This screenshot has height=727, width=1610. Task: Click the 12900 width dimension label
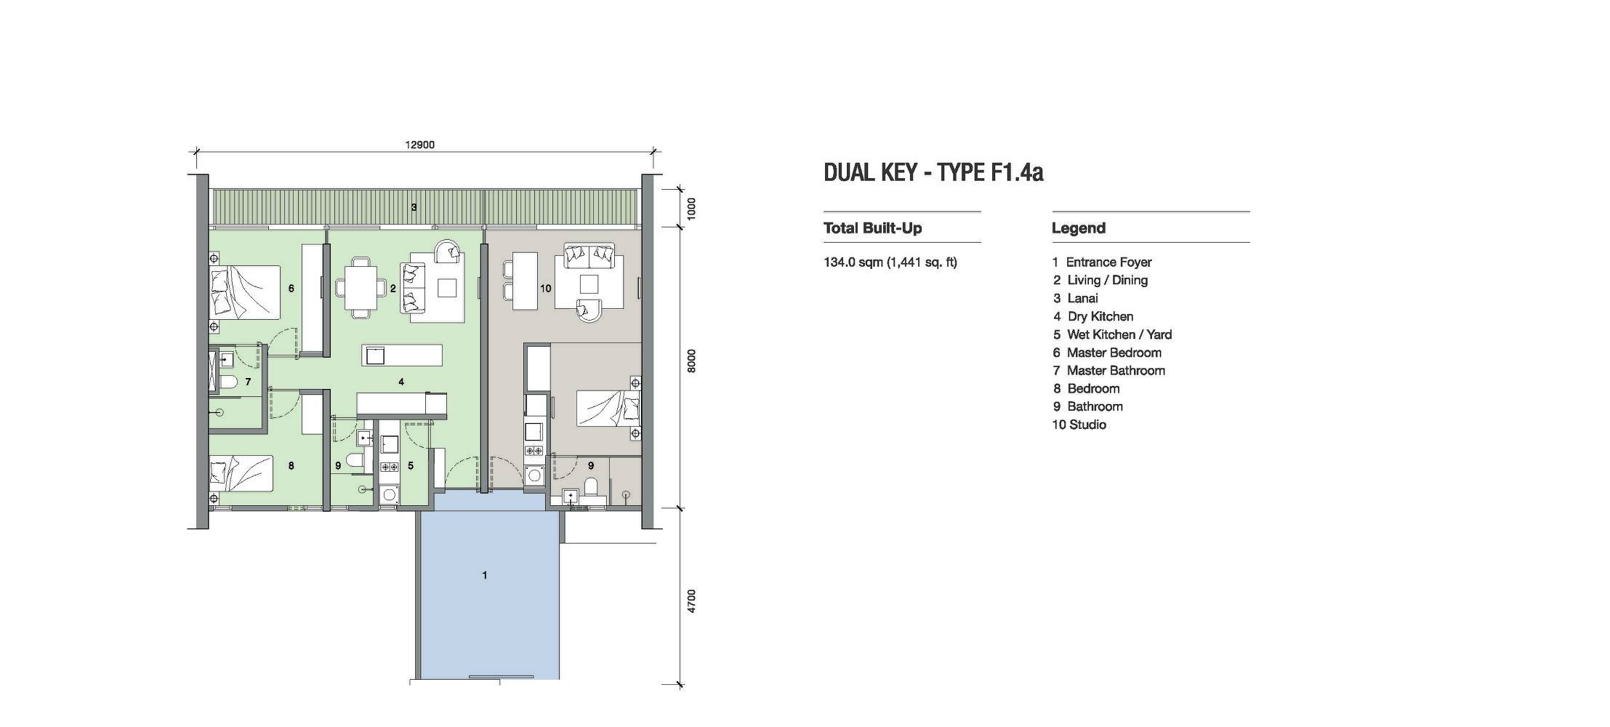point(420,145)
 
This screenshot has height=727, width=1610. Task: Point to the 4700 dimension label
point(691,601)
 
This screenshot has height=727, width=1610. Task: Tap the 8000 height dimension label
point(691,361)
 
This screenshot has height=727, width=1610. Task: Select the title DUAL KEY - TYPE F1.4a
point(933,172)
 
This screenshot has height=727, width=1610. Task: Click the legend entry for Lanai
point(1076,298)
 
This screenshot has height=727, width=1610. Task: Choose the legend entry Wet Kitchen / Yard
point(1112,334)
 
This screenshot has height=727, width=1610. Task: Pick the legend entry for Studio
point(1079,425)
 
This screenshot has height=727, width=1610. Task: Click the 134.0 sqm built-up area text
point(890,262)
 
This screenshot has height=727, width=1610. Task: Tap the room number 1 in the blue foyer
point(485,575)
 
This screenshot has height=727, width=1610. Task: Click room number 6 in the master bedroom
point(291,289)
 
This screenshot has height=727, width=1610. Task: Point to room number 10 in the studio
point(545,289)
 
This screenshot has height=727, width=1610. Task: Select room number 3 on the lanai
point(414,207)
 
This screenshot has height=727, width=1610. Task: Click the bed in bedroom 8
point(241,473)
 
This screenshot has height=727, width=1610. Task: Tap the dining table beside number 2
point(361,288)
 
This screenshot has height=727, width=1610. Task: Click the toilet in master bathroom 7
point(230,382)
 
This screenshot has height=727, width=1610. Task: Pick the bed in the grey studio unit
point(609,409)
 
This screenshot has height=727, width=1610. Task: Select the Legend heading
point(1079,228)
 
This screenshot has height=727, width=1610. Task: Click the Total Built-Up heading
point(873,228)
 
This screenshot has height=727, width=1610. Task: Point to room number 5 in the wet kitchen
point(411,465)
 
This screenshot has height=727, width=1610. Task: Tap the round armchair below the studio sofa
point(589,310)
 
